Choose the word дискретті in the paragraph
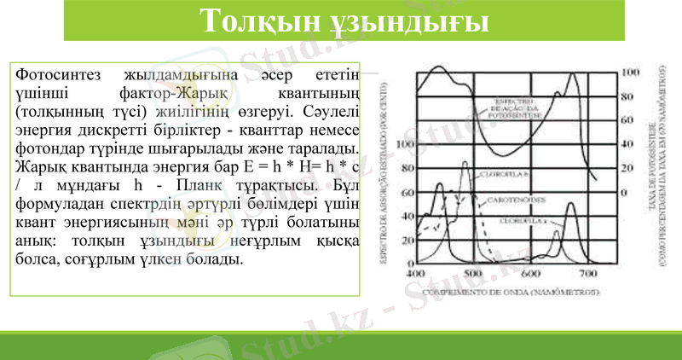pyautogui.click(x=162, y=131)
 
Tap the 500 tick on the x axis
pyautogui.click(x=473, y=275)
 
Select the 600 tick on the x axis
pyautogui.click(x=530, y=275)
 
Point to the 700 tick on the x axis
pyautogui.click(x=587, y=275)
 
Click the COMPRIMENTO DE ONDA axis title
pyautogui.click(x=501, y=292)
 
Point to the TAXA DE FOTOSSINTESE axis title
pyautogui.click(x=651, y=171)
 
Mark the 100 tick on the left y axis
pyautogui.click(x=405, y=144)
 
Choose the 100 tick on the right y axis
pyautogui.click(x=630, y=73)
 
